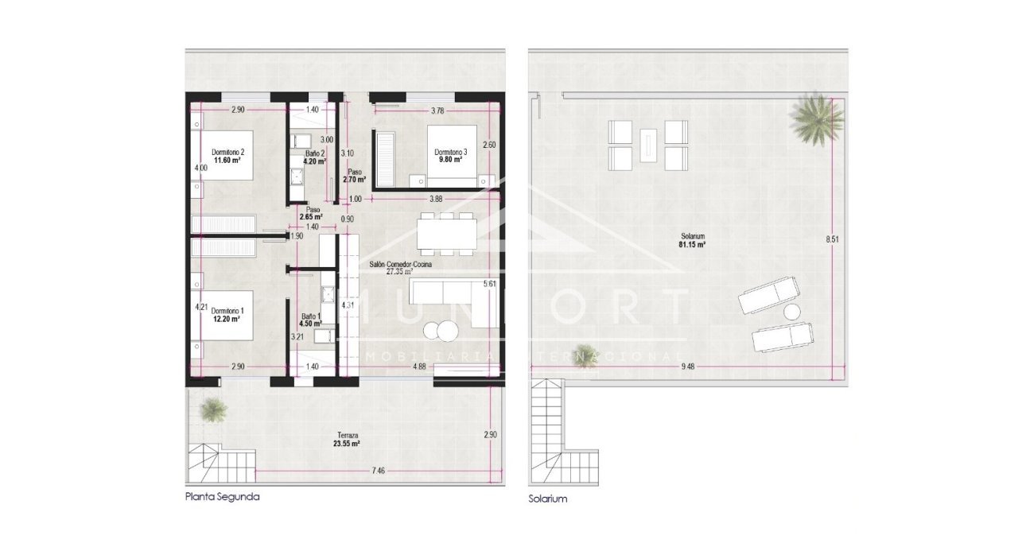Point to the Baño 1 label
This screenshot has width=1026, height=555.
click(311, 320)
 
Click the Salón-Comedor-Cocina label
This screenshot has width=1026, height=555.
click(402, 267)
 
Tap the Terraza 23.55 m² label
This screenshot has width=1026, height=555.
click(347, 441)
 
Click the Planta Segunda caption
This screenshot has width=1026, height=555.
click(222, 496)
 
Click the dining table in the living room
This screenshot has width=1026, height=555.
click(445, 232)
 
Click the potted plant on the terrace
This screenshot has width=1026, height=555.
click(212, 409)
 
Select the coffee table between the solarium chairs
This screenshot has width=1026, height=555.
click(649, 143)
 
